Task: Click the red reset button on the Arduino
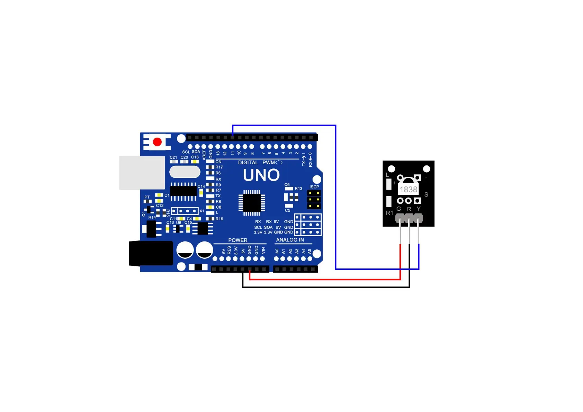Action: [157, 142]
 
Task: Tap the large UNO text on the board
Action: [261, 175]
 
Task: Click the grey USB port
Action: [142, 173]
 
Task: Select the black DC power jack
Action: [151, 254]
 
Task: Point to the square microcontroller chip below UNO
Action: [252, 203]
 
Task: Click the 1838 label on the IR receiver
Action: [409, 190]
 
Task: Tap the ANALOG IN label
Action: [290, 240]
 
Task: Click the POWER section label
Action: [238, 240]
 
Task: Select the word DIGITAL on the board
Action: [248, 163]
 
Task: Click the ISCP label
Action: [314, 187]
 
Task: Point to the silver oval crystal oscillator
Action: [185, 172]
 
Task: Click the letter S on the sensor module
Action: [426, 195]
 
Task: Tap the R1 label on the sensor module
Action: [389, 213]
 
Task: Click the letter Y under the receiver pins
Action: [419, 209]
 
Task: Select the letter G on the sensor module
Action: [399, 209]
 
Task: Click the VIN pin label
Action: [263, 250]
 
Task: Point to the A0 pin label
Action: [277, 251]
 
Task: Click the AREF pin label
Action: [204, 154]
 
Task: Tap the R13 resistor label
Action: [298, 189]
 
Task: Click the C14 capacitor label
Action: [201, 186]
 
